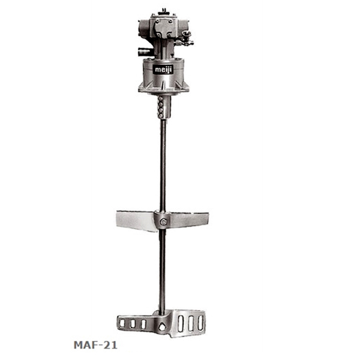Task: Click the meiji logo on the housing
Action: pyautogui.click(x=163, y=70)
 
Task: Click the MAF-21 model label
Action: pyautogui.click(x=95, y=345)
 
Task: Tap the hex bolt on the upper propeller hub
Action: pyautogui.click(x=163, y=222)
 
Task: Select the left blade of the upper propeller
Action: pyautogui.click(x=136, y=221)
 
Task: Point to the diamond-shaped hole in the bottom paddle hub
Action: pyautogui.click(x=162, y=327)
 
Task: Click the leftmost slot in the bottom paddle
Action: pyautogui.click(x=122, y=323)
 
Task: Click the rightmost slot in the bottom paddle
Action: pyautogui.click(x=200, y=323)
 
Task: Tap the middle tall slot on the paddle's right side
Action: pyautogui.click(x=191, y=323)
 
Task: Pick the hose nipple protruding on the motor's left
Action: pyautogui.click(x=144, y=51)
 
